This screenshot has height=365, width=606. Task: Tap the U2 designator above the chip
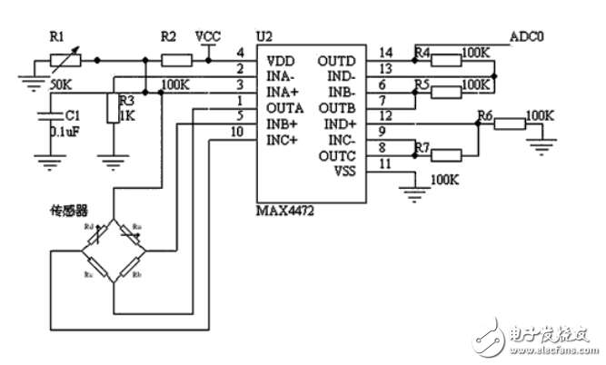pyautogui.click(x=264, y=35)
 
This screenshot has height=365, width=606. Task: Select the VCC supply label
pyautogui.click(x=209, y=35)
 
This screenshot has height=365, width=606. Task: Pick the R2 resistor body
pyautogui.click(x=176, y=61)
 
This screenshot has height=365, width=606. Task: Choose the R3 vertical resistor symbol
pyautogui.click(x=114, y=108)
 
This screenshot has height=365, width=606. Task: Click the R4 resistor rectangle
pyautogui.click(x=446, y=61)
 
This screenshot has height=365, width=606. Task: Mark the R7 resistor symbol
pyautogui.click(x=459, y=155)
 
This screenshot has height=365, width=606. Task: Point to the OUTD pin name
pyautogui.click(x=335, y=61)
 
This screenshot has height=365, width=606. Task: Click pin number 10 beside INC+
pyautogui.click(x=237, y=133)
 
